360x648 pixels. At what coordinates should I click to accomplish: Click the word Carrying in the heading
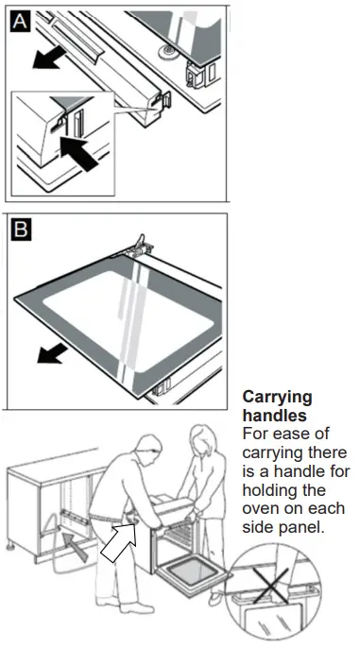(277, 398)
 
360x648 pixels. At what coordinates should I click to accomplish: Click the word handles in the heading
(272, 416)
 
